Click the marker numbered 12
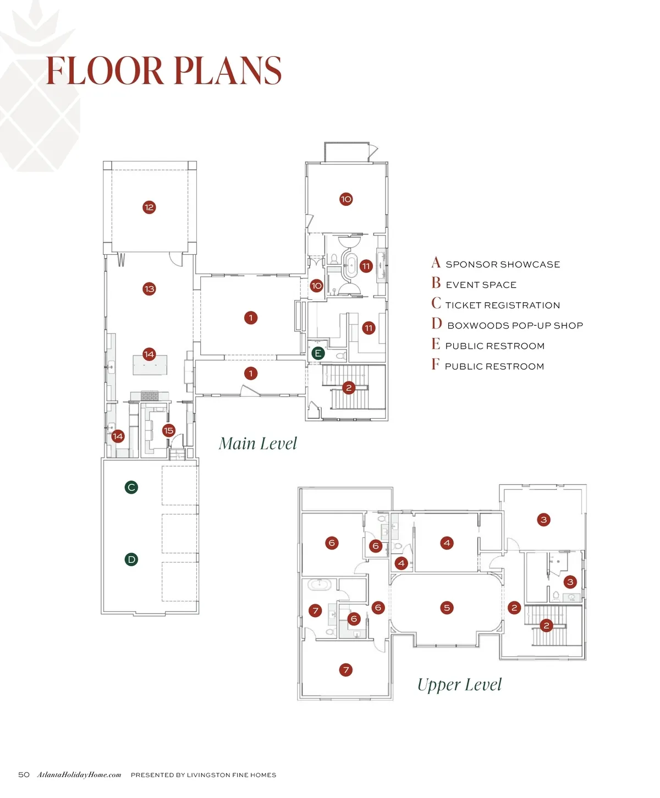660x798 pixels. tap(149, 207)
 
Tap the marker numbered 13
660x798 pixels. tap(149, 289)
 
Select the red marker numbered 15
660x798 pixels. tap(168, 431)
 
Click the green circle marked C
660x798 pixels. tap(131, 487)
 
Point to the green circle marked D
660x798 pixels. tap(131, 560)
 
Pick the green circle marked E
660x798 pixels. tap(317, 353)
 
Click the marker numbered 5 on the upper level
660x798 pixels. tap(447, 608)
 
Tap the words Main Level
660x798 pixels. tap(257, 444)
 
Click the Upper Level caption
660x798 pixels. tap(459, 685)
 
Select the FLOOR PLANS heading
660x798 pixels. tap(163, 71)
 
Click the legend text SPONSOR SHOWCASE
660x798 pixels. tap(503, 265)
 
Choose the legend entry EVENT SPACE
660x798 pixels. tap(481, 285)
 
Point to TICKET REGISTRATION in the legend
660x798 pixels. tap(503, 305)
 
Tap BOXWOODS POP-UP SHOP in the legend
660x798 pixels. tap(515, 326)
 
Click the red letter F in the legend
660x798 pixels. tap(436, 365)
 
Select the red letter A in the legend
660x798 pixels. tap(436, 263)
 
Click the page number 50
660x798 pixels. tap(24, 775)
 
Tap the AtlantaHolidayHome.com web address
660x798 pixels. tap(79, 775)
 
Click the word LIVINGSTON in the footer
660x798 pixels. tap(208, 775)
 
